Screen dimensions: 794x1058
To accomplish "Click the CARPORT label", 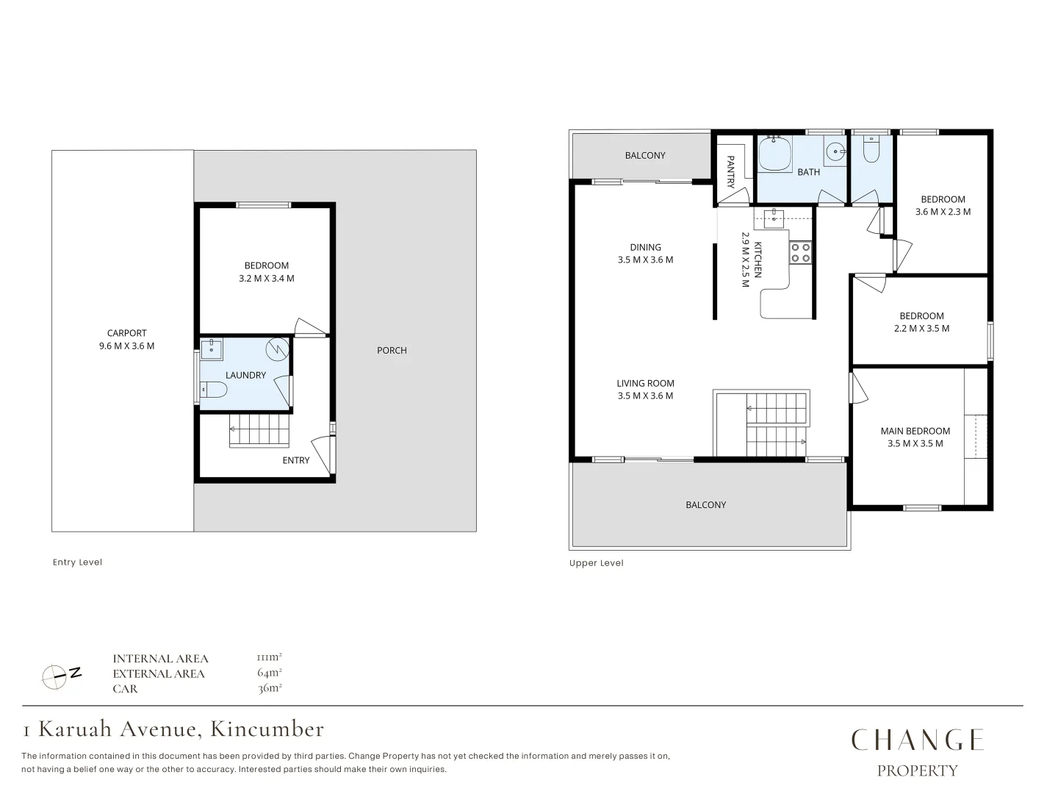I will [126, 333].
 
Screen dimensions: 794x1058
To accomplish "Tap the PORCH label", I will [392, 351].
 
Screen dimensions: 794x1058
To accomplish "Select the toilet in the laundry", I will [215, 389].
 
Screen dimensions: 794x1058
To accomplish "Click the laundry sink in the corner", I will [212, 349].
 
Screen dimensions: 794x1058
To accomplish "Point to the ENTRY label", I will [296, 460].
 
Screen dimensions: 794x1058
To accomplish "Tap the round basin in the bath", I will [835, 152].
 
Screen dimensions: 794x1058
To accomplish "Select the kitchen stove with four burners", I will [800, 253].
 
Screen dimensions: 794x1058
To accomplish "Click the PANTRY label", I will [730, 172].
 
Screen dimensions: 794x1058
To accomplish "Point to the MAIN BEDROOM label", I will [915, 431].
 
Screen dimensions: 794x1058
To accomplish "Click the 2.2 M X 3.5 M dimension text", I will [921, 329].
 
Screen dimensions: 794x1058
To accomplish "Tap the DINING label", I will [645, 247].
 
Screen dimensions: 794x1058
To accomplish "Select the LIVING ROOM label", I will [645, 383].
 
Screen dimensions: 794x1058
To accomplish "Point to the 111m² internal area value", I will [270, 657].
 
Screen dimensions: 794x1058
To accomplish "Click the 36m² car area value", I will [270, 688].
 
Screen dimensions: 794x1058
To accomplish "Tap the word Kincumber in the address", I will [267, 729].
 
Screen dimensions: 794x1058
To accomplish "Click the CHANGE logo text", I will [917, 740].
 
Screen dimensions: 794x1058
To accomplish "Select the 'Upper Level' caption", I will [596, 563].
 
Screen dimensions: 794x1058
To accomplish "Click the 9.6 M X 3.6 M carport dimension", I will [126, 346].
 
